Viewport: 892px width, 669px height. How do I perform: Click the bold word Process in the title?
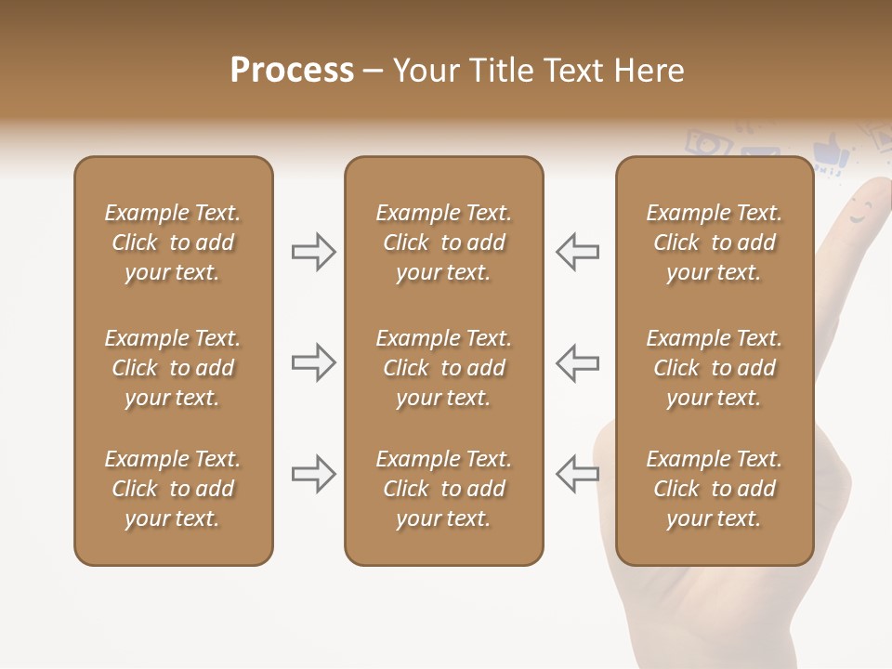click(292, 71)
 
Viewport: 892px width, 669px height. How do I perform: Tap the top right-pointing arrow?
click(313, 252)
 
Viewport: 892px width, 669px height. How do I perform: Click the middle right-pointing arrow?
click(313, 362)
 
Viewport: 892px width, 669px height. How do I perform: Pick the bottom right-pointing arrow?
click(313, 474)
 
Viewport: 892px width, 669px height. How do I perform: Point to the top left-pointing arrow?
click(577, 252)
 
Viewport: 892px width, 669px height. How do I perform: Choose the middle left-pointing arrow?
click(577, 362)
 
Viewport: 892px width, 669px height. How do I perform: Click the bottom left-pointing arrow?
click(577, 474)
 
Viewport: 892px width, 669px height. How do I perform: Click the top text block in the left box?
click(173, 243)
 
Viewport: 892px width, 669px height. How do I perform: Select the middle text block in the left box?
click(173, 368)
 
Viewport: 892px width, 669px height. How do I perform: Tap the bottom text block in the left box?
click(173, 489)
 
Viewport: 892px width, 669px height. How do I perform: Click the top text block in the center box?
click(443, 243)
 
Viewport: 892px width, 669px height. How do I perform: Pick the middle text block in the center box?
click(443, 368)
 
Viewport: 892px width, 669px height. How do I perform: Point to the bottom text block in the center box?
click(443, 489)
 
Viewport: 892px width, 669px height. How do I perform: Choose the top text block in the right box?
click(714, 243)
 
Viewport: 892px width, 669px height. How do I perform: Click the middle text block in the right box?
click(714, 368)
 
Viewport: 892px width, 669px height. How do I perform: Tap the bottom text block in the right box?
click(714, 489)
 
